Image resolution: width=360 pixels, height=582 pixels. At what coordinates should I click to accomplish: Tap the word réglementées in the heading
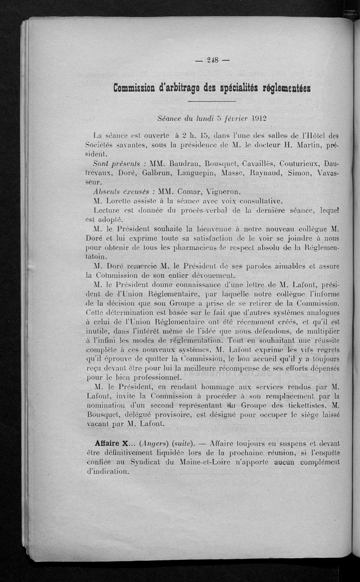(286, 87)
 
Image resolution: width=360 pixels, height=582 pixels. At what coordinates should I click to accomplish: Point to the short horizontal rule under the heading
(212, 102)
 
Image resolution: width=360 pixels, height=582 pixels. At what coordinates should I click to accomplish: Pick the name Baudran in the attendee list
(180, 163)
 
